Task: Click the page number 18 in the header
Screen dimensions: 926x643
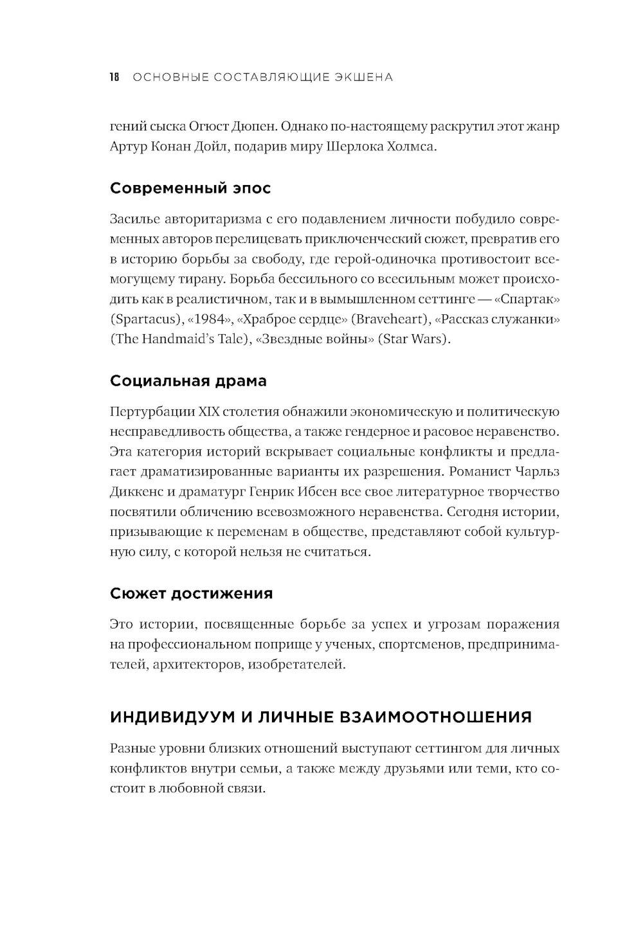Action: pyautogui.click(x=114, y=77)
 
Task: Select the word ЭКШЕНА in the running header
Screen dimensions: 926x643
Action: pyautogui.click(x=363, y=77)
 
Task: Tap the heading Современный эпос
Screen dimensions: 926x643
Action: pyautogui.click(x=190, y=188)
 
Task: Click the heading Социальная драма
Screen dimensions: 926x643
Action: pyautogui.click(x=188, y=380)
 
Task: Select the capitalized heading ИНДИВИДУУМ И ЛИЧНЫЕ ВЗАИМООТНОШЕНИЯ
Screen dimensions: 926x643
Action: pyautogui.click(x=321, y=717)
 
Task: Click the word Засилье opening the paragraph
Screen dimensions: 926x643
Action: pyautogui.click(x=135, y=219)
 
